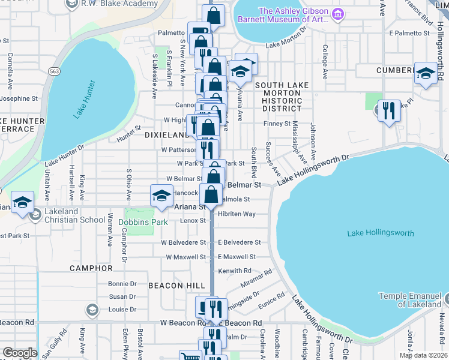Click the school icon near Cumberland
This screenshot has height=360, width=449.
click(426, 74)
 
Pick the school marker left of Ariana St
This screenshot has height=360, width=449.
click(161, 197)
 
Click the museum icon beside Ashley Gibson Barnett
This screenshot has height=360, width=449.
click(338, 13)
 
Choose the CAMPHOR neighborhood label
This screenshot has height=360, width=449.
click(91, 268)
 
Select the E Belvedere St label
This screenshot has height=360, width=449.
click(239, 242)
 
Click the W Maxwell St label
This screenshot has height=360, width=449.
click(185, 257)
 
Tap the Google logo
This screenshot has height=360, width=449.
click(19, 353)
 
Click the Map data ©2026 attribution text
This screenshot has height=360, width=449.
click(422, 355)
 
